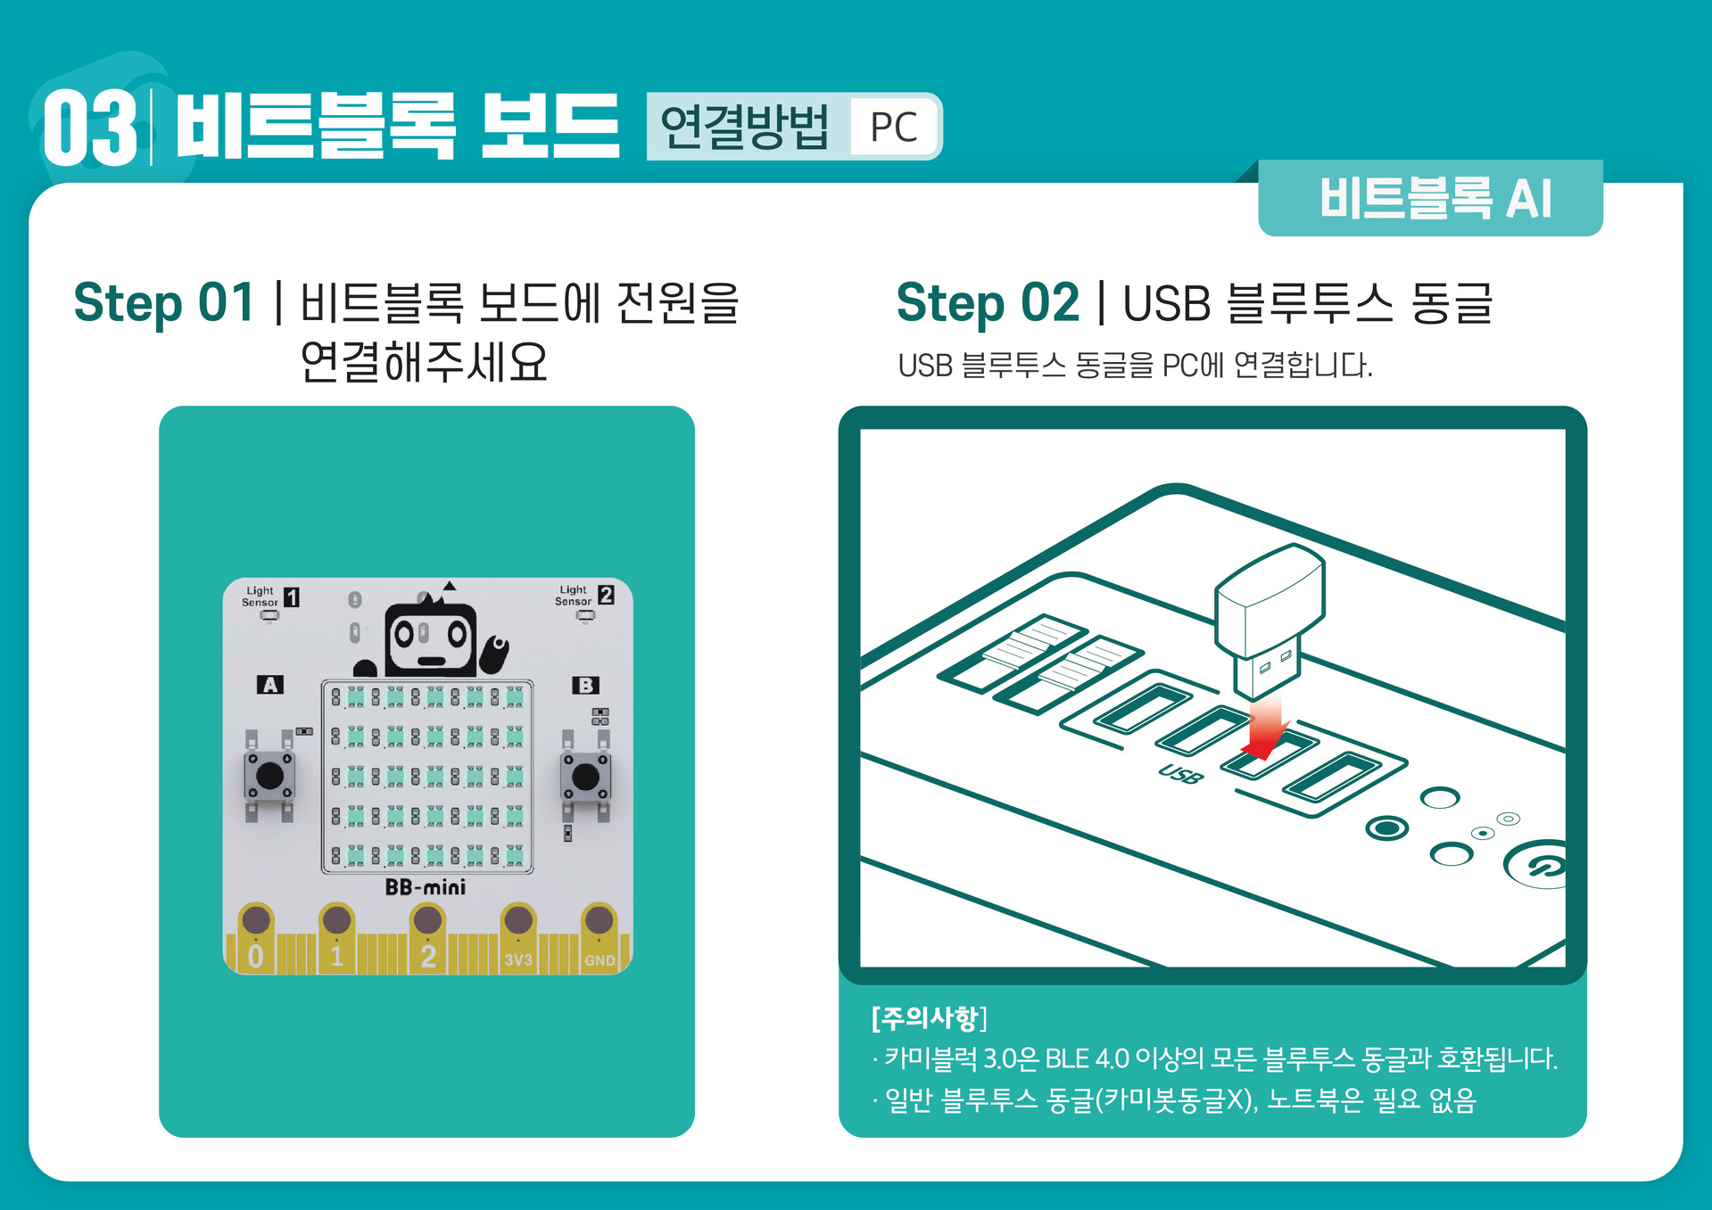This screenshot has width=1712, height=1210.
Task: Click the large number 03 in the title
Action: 89,128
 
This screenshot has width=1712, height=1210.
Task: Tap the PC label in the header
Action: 893,128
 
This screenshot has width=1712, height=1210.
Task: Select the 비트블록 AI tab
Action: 1435,198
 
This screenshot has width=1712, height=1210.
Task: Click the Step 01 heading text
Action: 164,303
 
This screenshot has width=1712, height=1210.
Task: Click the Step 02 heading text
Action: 988,303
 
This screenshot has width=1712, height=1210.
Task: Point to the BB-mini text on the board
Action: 426,887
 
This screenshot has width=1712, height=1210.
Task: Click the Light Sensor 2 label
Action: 583,596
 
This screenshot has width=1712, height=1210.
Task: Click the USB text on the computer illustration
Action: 1180,773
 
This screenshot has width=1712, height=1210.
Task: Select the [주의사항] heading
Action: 929,1017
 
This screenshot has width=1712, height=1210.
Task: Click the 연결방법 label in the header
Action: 745,128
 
